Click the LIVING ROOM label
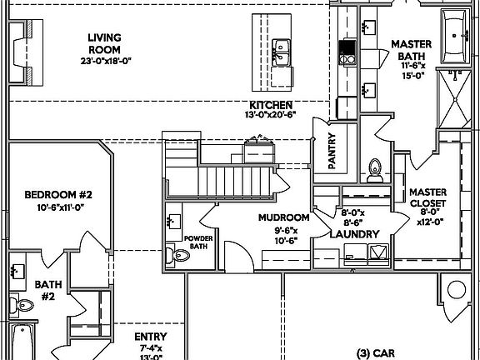107,43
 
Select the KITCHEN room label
269,105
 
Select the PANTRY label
332,152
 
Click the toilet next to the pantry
375,169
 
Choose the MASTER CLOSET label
427,197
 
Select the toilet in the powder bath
170,254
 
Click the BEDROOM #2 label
57,195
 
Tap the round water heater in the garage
457,291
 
